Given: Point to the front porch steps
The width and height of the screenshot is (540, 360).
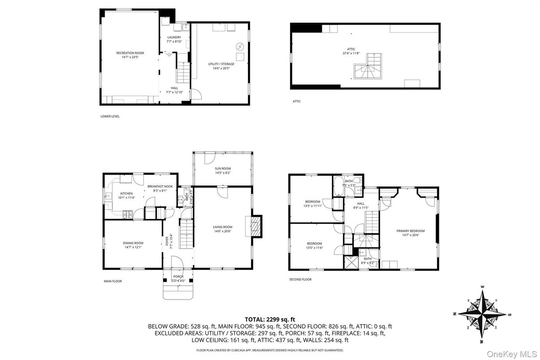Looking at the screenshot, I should click(178, 293).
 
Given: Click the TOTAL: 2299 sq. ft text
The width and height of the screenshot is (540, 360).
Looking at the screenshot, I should click(270, 319).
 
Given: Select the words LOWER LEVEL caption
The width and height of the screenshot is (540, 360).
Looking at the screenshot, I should click(110, 116).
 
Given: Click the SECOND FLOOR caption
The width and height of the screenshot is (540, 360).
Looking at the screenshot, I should click(300, 279).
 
